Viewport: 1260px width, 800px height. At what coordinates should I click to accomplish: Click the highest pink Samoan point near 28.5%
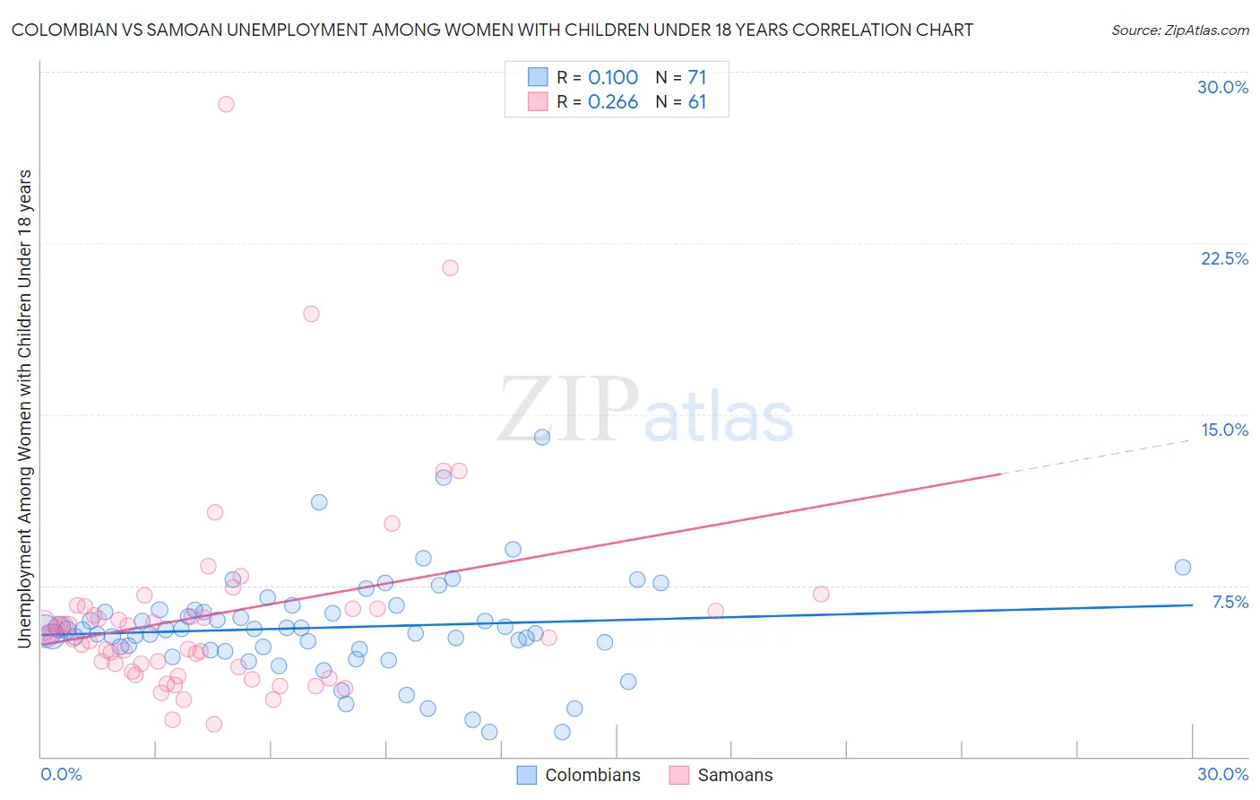(226, 104)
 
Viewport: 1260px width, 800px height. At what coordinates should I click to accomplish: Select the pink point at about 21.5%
(450, 268)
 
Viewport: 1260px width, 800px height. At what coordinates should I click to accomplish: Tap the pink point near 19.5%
(311, 314)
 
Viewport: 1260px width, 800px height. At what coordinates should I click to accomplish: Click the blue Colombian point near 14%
(542, 437)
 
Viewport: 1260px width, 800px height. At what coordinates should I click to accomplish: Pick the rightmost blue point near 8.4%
(1182, 567)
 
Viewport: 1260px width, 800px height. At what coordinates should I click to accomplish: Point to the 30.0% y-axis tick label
(1222, 87)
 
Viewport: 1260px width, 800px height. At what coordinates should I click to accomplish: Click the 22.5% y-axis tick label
(1224, 258)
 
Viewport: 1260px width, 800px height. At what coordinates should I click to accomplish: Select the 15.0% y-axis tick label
(1224, 430)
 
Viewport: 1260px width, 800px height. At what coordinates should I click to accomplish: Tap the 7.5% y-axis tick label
(1230, 602)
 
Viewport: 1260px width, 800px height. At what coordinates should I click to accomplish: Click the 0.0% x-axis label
(61, 774)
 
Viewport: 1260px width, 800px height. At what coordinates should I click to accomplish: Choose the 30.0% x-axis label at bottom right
(1222, 774)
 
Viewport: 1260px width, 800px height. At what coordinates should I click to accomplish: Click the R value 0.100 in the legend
(613, 78)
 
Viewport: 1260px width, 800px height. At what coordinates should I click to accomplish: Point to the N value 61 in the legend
(697, 102)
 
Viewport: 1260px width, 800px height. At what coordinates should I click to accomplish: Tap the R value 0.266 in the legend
(613, 102)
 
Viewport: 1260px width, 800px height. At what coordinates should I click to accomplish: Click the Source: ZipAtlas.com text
(1179, 30)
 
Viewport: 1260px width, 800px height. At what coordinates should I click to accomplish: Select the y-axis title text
(24, 408)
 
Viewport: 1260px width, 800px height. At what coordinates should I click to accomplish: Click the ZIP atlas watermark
(645, 411)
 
